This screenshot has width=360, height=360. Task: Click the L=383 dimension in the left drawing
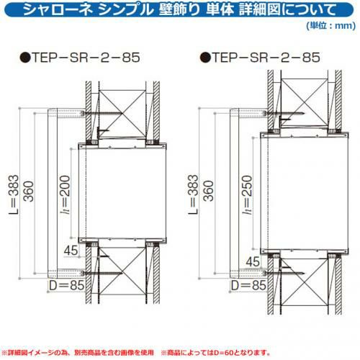point(14,194)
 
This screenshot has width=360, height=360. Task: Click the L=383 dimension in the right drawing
point(193,194)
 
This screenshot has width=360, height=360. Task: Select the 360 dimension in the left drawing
point(29,192)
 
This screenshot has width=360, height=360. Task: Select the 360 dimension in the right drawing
point(209,191)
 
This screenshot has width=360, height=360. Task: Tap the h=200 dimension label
point(66,194)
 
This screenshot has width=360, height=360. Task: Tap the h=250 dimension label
point(247,194)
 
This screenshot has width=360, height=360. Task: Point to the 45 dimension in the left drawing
point(71,251)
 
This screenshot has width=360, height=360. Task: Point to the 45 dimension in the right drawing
point(253,261)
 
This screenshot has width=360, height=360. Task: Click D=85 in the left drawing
point(67,285)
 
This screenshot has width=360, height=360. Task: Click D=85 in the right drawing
point(248,285)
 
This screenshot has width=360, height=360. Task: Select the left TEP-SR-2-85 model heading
point(86,58)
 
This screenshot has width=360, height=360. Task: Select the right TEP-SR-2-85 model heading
point(266,58)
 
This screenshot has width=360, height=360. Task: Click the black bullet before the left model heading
point(25,58)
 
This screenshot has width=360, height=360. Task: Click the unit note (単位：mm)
point(331,25)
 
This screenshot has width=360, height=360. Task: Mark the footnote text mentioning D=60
point(216,353)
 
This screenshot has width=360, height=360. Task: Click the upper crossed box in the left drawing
point(122,114)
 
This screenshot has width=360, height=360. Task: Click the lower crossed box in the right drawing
point(304,283)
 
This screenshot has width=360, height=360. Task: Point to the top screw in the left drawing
point(102,113)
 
